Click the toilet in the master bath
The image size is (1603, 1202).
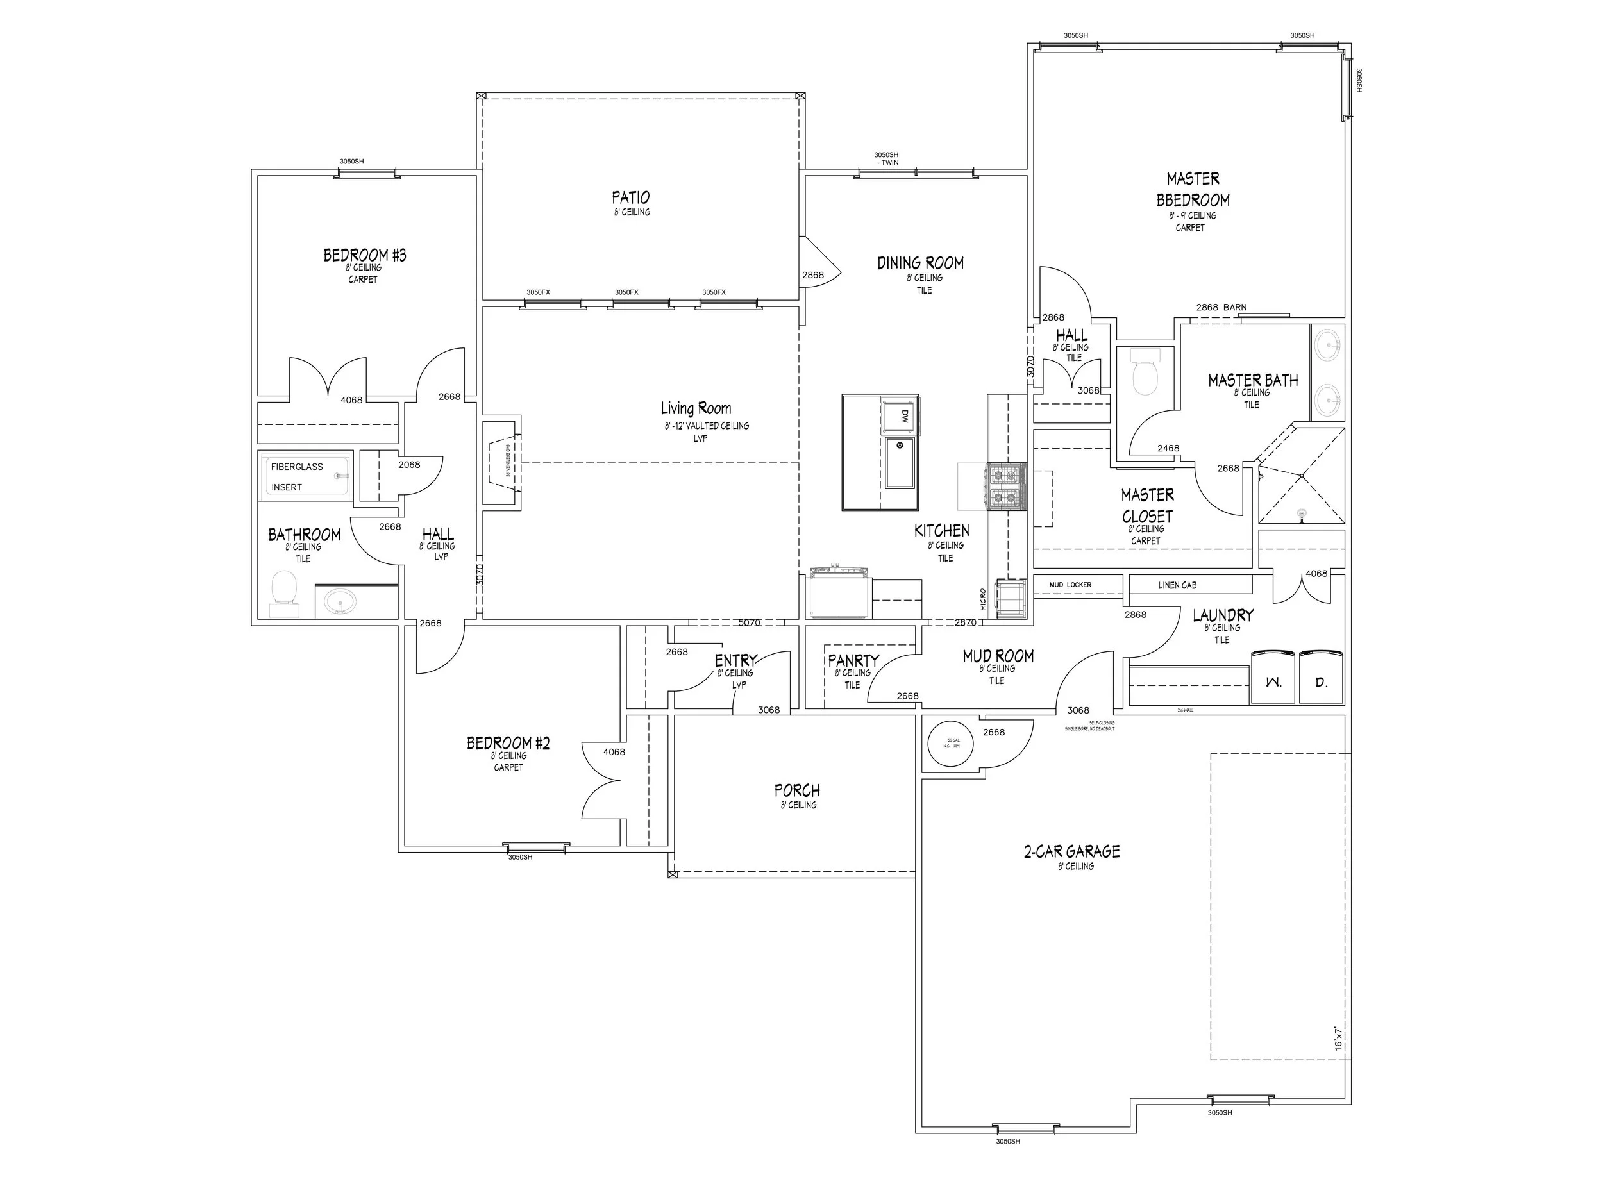point(1145,373)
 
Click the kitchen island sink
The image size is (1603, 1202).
point(900,462)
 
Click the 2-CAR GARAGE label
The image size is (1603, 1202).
point(1072,851)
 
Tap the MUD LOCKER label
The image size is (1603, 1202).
point(1070,585)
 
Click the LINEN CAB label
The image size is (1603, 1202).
point(1177,585)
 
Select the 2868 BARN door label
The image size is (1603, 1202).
point(1221,307)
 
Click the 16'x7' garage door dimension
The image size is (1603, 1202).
point(1338,1037)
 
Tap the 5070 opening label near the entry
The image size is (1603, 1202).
point(748,622)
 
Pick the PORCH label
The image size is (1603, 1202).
point(797,790)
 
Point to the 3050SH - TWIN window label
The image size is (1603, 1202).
point(886,158)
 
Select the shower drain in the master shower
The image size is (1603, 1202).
point(1302,514)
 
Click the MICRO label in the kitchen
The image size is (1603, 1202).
point(984,599)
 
